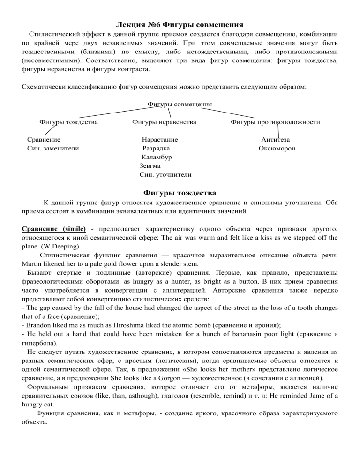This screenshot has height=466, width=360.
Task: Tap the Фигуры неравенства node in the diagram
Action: [164, 122]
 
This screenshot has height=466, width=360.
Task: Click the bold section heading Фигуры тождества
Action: [180, 193]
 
